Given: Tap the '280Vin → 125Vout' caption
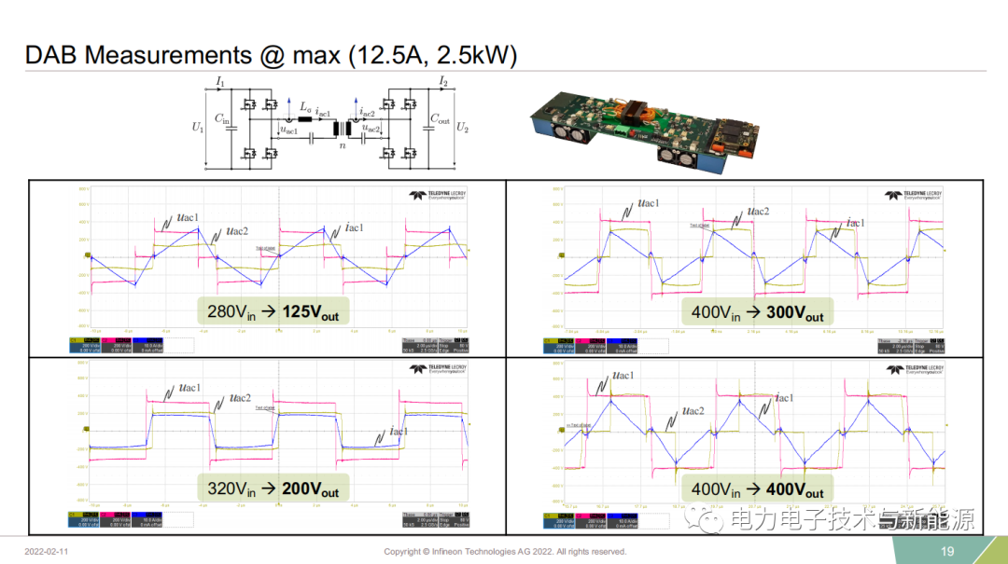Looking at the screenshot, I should pyautogui.click(x=273, y=311).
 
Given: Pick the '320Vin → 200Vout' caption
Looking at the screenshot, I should pyautogui.click(x=273, y=487).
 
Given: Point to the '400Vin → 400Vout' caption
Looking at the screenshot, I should pyautogui.click(x=758, y=488).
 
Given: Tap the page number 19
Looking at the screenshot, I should pyautogui.click(x=947, y=551).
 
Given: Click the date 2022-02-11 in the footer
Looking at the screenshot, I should pyautogui.click(x=47, y=552).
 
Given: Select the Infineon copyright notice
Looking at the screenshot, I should pyautogui.click(x=505, y=552).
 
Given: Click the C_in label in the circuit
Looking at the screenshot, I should pyautogui.click(x=221, y=118).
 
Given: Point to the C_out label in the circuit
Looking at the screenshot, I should pyautogui.click(x=439, y=119).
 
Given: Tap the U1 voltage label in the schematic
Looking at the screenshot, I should pyautogui.click(x=198, y=128).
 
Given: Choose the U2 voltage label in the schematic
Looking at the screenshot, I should pyautogui.click(x=464, y=128).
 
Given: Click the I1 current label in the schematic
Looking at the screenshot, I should pyautogui.click(x=220, y=83).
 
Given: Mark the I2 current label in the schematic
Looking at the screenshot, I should pyautogui.click(x=443, y=83).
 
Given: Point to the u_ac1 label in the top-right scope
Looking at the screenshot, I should pyautogui.click(x=649, y=203).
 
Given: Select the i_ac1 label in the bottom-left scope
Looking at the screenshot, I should pyautogui.click(x=399, y=431).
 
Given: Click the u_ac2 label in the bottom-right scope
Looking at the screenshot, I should pyautogui.click(x=693, y=410).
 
